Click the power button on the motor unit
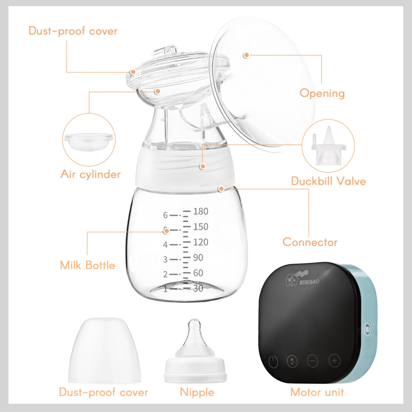(x=273, y=362)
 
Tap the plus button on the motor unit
(x=334, y=360)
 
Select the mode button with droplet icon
(x=292, y=361)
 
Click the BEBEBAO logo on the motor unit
(x=302, y=279)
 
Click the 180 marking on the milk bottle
(x=201, y=211)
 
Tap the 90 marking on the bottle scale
(x=198, y=258)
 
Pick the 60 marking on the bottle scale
(x=198, y=273)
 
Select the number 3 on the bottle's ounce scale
(x=165, y=260)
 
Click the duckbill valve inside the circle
(x=329, y=146)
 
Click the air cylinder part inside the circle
(x=89, y=141)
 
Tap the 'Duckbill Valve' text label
(x=328, y=181)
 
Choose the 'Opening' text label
(x=322, y=94)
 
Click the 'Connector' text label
(x=310, y=242)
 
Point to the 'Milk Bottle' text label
(x=87, y=265)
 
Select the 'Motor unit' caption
(x=317, y=392)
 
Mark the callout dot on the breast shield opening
(x=246, y=55)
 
